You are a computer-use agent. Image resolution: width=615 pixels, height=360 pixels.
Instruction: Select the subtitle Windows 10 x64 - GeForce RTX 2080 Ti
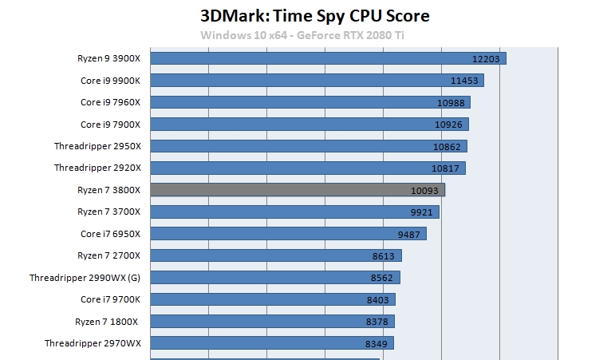[306, 34]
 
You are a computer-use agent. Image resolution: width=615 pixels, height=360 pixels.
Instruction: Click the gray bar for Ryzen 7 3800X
[297, 190]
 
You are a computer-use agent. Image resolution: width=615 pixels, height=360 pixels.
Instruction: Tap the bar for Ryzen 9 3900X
[327, 58]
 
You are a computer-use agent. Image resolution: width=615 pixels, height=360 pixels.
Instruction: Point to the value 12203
[486, 59]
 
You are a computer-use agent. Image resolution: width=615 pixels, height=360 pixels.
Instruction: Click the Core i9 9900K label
[110, 81]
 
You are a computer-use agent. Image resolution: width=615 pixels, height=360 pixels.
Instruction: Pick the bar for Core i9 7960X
[309, 102]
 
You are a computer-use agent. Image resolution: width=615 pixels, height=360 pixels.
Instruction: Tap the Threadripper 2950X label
[97, 146]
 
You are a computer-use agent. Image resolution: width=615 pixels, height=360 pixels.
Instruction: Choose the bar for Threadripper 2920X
[307, 168]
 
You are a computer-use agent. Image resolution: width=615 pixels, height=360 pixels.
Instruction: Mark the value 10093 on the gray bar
[424, 190]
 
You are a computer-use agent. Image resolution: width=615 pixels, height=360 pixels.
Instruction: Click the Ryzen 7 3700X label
[108, 212]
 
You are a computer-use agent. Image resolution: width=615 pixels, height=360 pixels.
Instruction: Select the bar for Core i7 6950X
[288, 233]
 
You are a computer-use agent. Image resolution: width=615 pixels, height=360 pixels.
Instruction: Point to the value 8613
[384, 255]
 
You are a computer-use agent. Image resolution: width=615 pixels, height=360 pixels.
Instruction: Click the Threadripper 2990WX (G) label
[85, 277]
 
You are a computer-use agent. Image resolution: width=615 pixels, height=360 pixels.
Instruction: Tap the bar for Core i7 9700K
[272, 299]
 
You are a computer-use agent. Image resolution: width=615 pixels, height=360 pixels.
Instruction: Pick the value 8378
[376, 321]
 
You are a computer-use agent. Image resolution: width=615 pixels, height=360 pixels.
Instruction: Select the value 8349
[376, 343]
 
